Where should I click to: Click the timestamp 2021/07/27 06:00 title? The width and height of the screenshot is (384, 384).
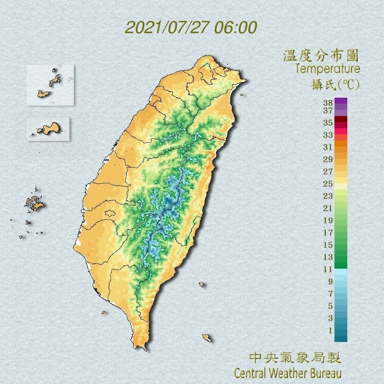coord(191,27)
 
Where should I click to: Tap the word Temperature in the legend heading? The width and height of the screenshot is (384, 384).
coord(327,69)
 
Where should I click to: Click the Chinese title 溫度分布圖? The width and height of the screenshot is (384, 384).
coord(321,55)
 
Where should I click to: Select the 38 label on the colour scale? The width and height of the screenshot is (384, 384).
coord(328,103)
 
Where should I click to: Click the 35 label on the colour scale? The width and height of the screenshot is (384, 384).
coord(328,123)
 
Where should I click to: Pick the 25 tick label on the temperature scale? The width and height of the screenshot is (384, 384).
coord(328,183)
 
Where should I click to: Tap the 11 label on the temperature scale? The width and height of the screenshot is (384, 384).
coord(328,269)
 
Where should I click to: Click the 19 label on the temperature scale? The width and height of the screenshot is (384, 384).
coord(328,220)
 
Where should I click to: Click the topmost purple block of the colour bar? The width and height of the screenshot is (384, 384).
coord(341,101)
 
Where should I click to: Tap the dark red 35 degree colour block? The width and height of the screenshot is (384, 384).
coord(341,120)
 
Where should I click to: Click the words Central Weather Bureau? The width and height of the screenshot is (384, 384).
coord(288,374)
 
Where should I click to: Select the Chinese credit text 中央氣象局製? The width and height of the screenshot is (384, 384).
coord(295,358)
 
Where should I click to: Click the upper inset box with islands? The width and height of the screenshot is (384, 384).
coord(50,85)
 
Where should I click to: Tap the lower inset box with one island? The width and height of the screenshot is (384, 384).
coord(48,129)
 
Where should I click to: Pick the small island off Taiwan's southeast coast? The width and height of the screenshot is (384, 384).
coord(206,338)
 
